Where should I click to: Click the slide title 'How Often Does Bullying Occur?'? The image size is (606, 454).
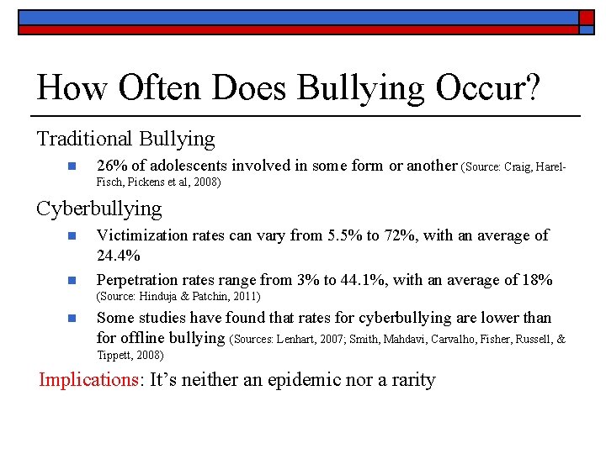click(x=288, y=88)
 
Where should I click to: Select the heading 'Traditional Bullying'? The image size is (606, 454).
click(x=125, y=138)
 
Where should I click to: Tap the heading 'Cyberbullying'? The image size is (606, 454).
click(x=98, y=207)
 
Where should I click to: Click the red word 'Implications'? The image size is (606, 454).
click(x=88, y=379)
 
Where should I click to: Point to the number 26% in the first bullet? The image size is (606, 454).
click(x=111, y=166)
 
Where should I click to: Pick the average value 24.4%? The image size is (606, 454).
click(x=117, y=254)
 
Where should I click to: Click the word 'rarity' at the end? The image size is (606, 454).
click(x=410, y=379)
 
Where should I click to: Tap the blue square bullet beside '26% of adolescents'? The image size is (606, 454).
click(x=72, y=166)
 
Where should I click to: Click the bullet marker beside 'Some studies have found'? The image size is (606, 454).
click(x=72, y=318)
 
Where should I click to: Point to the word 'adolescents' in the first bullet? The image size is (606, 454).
click(x=188, y=166)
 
